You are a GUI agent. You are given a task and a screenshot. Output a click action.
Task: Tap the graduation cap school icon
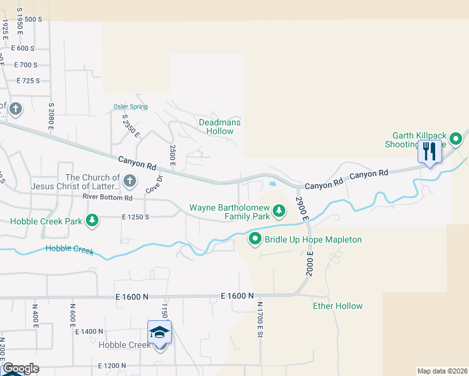pos(159,332)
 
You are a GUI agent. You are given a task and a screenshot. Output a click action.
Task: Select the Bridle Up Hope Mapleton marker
pos(255,239)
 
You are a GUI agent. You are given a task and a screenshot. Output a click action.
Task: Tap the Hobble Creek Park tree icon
pos(92,220)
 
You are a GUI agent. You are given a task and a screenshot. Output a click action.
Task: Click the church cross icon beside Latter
pos(129,182)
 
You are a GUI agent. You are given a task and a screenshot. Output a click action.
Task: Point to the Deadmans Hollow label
pos(219,127)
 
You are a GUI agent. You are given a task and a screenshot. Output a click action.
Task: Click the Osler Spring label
pos(130,107)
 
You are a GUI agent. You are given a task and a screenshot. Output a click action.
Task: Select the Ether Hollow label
pos(337,306)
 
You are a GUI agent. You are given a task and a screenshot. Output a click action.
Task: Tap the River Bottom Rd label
pos(108,198)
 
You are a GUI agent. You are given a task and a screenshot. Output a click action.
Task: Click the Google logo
pos(20,368)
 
